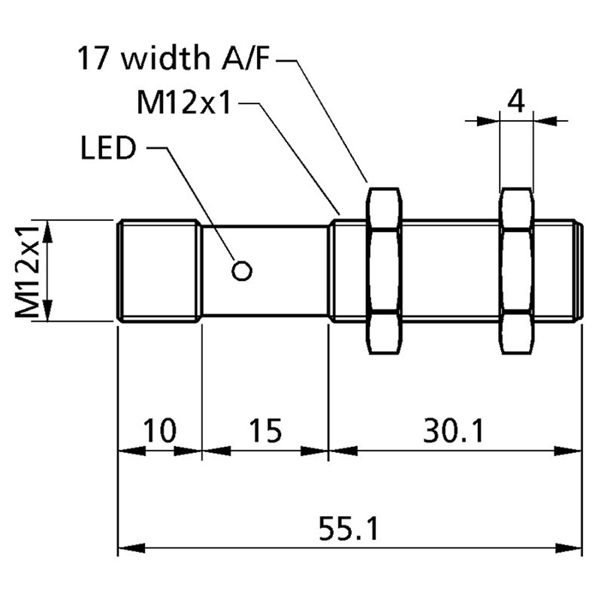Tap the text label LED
107,149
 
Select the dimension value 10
159,430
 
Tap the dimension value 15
264,430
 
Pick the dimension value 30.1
455,430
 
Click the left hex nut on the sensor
384,270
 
